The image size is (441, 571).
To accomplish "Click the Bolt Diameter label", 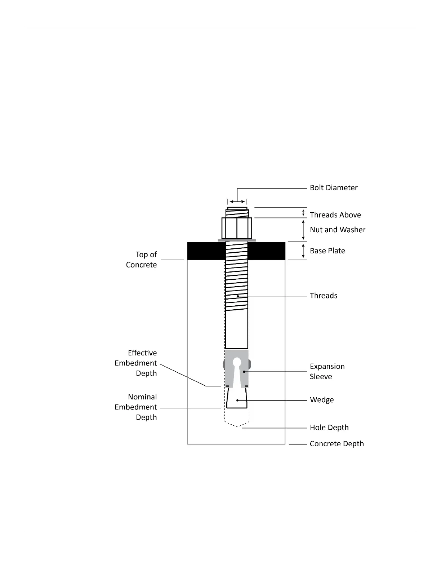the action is (x=334, y=187).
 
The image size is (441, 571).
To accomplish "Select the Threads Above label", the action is (x=335, y=215).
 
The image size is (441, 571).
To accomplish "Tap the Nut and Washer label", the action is (x=338, y=230).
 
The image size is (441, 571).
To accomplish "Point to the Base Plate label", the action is (x=327, y=251).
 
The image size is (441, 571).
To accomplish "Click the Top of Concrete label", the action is (x=142, y=260).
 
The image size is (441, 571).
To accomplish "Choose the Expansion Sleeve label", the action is (x=327, y=371).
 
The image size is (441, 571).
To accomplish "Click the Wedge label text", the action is (x=322, y=400).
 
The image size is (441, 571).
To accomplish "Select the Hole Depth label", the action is (x=329, y=428).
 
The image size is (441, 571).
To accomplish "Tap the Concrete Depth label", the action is (x=337, y=444).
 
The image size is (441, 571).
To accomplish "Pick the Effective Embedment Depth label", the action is (x=136, y=363).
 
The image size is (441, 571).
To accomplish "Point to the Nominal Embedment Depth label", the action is (x=136, y=407).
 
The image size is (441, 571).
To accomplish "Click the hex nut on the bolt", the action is (x=237, y=228).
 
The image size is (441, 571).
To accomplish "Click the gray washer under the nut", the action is (x=237, y=240).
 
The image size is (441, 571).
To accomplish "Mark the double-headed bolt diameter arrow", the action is (x=237, y=202).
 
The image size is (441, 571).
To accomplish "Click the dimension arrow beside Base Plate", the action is (x=303, y=251).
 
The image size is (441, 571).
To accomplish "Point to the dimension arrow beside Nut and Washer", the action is (x=303, y=230).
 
